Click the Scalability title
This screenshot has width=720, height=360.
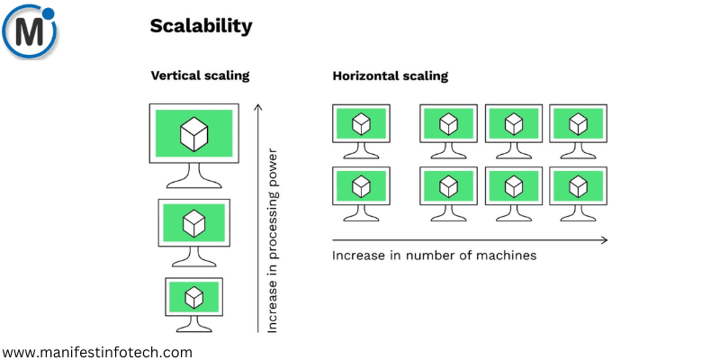coord(201,27)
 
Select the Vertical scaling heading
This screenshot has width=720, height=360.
coord(199,76)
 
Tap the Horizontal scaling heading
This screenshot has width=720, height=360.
coord(390,76)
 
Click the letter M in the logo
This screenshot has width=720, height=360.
coord(27,33)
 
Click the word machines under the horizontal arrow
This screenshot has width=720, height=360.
coord(506,256)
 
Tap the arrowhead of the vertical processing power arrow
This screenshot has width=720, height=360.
coord(258,108)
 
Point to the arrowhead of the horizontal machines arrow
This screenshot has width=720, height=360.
coord(604,239)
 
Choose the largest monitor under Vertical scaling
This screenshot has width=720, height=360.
coord(193,135)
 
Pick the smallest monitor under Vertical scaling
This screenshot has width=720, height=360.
coord(193,297)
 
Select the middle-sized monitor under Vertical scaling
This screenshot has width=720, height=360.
coord(194,222)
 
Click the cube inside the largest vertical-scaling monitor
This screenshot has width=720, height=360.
coord(193,134)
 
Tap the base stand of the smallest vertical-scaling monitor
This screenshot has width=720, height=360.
coord(193,327)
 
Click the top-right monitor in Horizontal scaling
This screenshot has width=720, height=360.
coord(578,123)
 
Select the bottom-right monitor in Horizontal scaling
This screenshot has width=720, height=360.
coord(578,186)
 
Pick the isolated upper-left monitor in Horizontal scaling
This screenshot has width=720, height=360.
coord(361,123)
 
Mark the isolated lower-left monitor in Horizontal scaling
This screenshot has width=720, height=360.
coord(361,186)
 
